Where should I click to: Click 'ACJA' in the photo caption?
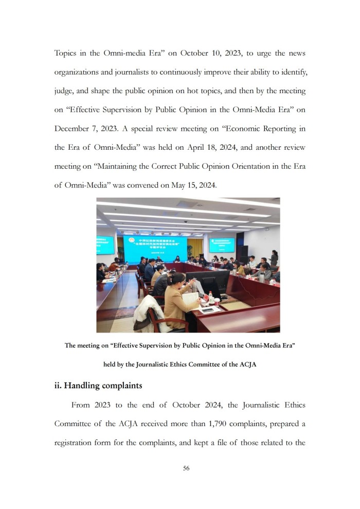tap(245, 364)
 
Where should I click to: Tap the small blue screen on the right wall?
tap(221, 245)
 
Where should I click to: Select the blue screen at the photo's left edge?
tap(105, 244)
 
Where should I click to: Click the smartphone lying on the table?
tap(208, 310)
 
